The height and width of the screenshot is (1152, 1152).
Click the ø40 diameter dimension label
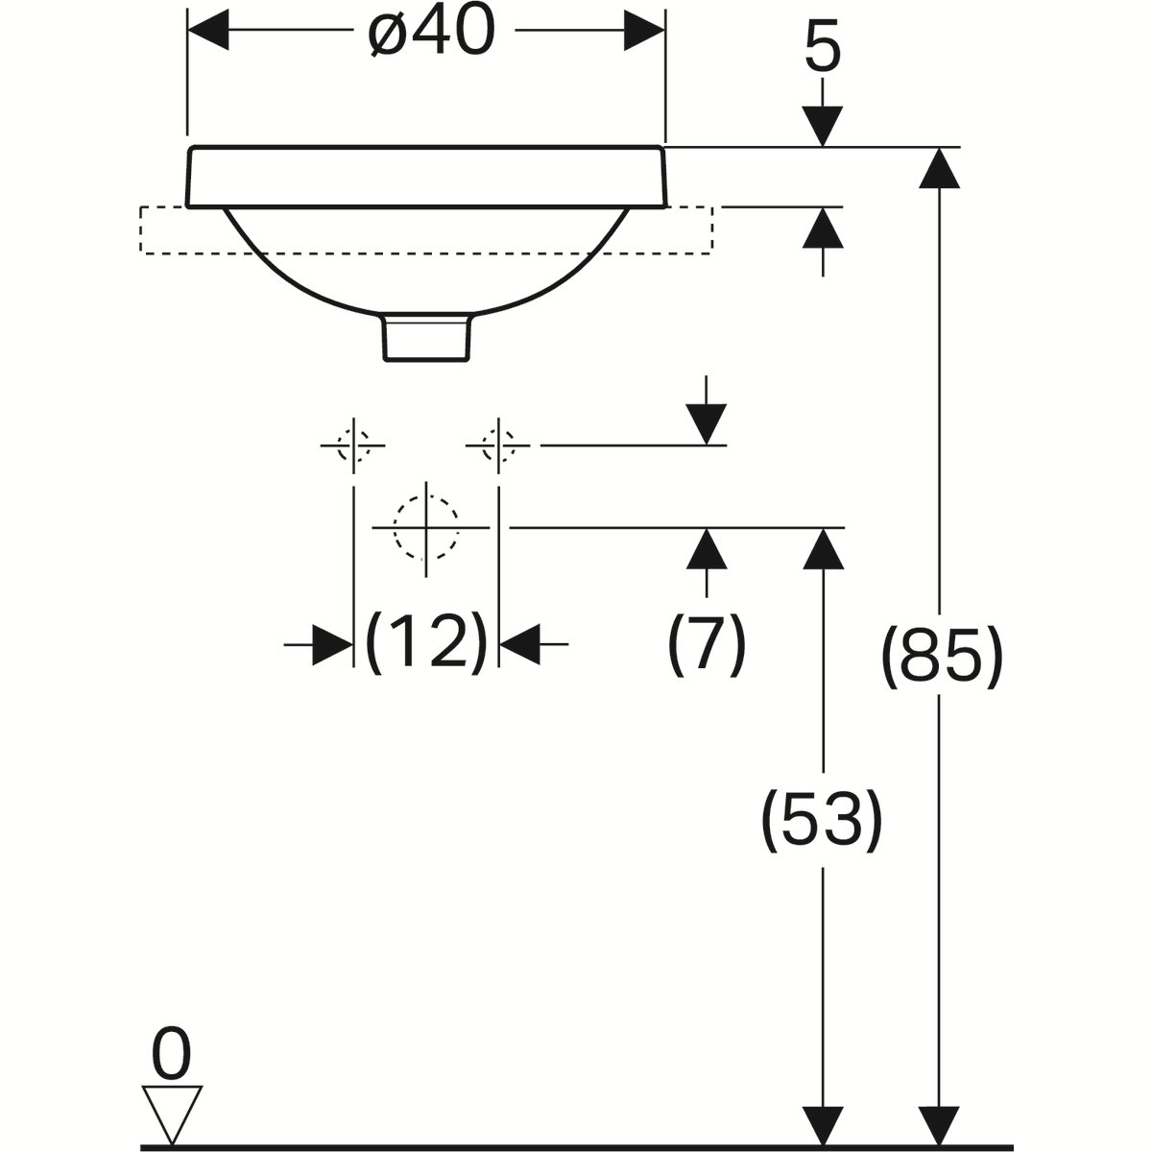pyautogui.click(x=432, y=36)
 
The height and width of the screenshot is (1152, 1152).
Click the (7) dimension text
pyautogui.click(x=707, y=643)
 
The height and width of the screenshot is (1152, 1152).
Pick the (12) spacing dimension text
pyautogui.click(x=427, y=641)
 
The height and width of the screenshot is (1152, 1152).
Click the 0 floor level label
pyautogui.click(x=173, y=1056)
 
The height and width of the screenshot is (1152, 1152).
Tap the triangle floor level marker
pyautogui.click(x=173, y=1114)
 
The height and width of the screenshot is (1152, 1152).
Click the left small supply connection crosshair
pyautogui.click(x=354, y=445)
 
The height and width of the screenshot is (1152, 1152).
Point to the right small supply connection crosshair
pyautogui.click(x=498, y=445)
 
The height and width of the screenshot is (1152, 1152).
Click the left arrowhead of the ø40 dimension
pyautogui.click(x=207, y=30)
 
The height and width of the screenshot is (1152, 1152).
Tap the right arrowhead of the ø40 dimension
pyautogui.click(x=644, y=30)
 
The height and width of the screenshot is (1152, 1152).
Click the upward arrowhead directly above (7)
pyautogui.click(x=708, y=549)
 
